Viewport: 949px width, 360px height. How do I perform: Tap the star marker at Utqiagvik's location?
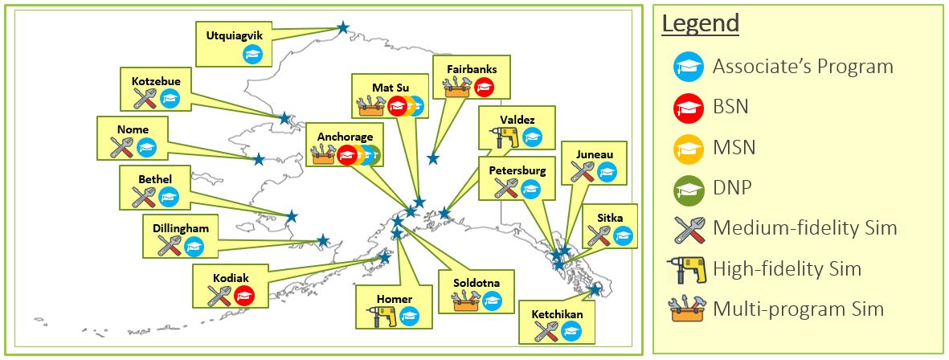tap(343, 27)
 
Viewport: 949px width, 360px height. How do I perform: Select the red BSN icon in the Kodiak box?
tap(243, 296)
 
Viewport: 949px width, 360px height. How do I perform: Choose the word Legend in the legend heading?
tap(701, 24)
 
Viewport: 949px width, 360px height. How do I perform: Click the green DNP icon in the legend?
tap(688, 188)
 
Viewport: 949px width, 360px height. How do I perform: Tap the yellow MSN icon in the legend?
tap(688, 148)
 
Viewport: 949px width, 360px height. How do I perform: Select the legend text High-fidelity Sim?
tap(787, 268)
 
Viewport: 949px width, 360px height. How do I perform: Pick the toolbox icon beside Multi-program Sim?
tap(688, 309)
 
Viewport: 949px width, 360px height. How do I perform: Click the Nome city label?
tap(133, 129)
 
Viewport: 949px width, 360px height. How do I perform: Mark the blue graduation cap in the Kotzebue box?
tap(170, 99)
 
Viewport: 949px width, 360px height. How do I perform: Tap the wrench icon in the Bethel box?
tap(143, 197)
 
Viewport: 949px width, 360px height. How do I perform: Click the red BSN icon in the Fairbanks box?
tap(484, 88)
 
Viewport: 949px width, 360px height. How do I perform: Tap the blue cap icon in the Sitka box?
tap(623, 236)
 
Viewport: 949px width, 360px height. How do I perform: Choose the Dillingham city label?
tap(181, 228)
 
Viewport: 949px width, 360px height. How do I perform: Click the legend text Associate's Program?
tap(803, 67)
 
